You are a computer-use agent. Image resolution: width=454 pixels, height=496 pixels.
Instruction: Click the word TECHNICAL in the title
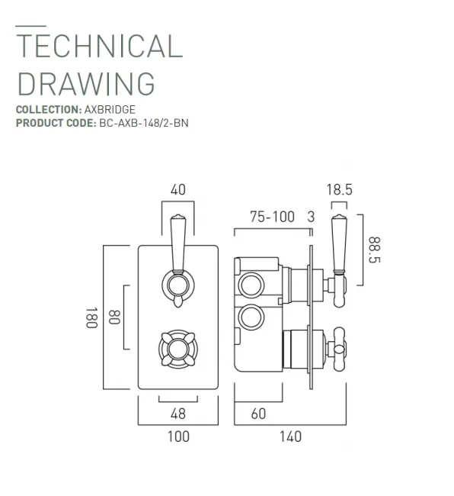(99, 47)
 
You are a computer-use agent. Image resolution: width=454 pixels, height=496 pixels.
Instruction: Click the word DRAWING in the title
(85, 82)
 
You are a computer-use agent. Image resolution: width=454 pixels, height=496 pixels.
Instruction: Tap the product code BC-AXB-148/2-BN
(143, 123)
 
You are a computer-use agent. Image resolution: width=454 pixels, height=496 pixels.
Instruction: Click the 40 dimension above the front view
(178, 189)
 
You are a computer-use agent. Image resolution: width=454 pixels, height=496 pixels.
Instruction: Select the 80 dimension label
(114, 317)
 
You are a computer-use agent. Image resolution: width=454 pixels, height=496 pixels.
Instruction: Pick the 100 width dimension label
(177, 436)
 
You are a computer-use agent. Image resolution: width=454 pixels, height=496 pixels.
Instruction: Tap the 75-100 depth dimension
(272, 217)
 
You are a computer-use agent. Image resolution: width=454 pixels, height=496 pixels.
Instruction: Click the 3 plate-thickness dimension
(310, 217)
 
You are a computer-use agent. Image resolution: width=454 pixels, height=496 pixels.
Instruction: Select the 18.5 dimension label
(338, 190)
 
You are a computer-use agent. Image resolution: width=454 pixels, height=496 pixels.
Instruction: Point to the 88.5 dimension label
(374, 249)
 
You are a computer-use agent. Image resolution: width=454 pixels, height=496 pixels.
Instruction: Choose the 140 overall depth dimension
(289, 436)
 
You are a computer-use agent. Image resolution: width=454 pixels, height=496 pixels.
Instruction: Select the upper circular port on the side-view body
(249, 286)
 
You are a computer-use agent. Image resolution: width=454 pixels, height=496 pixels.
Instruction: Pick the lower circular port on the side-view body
(249, 317)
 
